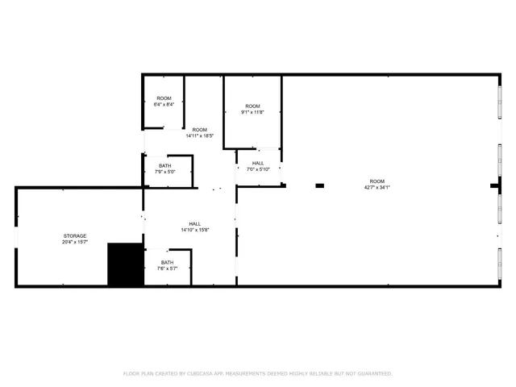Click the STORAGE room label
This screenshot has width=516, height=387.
tap(75, 235)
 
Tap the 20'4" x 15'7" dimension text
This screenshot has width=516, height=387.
tap(75, 242)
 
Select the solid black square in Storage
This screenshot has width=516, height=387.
tap(124, 264)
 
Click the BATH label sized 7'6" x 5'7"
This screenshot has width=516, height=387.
tap(167, 262)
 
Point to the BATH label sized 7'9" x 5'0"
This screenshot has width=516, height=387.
tap(164, 165)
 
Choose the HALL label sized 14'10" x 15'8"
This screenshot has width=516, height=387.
tap(195, 223)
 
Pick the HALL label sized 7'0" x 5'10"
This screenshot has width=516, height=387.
tap(258, 163)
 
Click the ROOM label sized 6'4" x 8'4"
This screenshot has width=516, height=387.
tap(164, 98)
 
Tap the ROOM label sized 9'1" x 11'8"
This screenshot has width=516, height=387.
tap(253, 106)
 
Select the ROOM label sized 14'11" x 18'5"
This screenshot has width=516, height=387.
tap(199, 130)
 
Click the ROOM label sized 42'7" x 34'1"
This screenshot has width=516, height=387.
tap(377, 181)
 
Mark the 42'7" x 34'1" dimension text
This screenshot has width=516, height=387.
tap(377, 187)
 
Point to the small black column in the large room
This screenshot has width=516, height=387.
tap(319, 185)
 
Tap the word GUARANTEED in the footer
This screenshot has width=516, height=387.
tap(375, 373)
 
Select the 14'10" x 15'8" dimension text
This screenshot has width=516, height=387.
tap(195, 230)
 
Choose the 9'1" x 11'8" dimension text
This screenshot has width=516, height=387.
tap(253, 113)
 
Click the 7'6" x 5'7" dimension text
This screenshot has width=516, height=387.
tap(167, 268)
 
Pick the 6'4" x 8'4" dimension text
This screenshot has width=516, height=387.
tap(164, 105)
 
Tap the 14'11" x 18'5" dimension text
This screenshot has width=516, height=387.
tap(199, 136)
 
